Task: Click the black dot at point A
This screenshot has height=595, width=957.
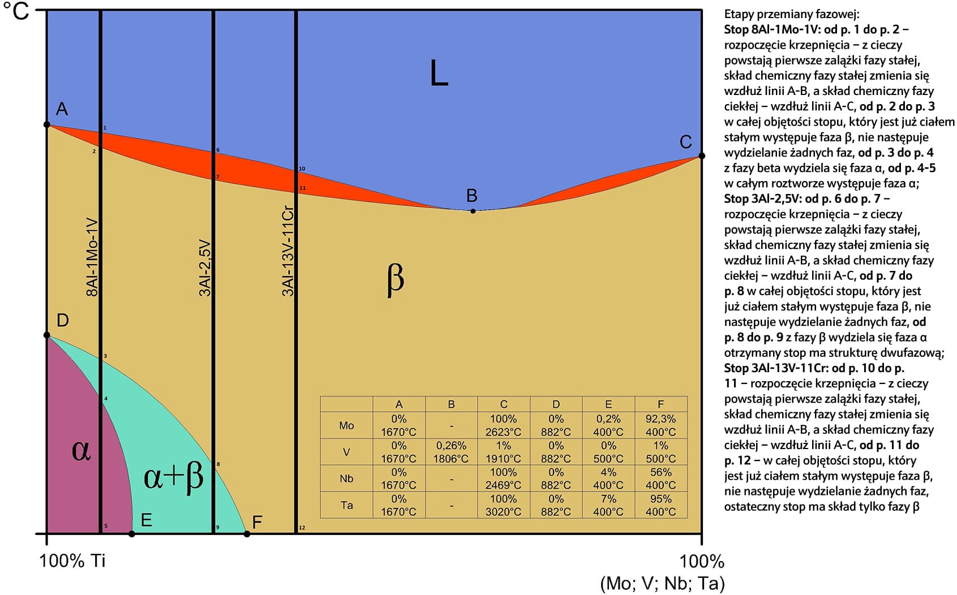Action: (x=47, y=124)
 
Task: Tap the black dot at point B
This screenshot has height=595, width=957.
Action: (x=473, y=211)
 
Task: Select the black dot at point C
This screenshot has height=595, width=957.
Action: (x=702, y=156)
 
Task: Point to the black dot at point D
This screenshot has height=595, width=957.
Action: (x=47, y=335)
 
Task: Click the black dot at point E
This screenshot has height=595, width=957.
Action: (x=132, y=533)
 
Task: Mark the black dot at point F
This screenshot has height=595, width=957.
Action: (x=247, y=533)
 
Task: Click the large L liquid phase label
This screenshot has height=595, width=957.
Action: (x=439, y=74)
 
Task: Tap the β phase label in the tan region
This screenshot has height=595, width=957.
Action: (x=395, y=279)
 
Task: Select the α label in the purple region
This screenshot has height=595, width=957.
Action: (x=81, y=450)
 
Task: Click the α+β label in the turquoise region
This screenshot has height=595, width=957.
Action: (x=173, y=477)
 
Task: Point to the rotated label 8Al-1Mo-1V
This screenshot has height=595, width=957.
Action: (x=92, y=257)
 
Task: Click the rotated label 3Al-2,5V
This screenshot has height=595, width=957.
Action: (x=205, y=268)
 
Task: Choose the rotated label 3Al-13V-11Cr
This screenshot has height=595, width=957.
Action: (x=288, y=252)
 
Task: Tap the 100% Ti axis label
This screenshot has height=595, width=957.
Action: (x=72, y=560)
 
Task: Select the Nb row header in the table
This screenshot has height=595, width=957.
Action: (x=346, y=478)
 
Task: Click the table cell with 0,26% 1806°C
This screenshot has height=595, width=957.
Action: (x=451, y=452)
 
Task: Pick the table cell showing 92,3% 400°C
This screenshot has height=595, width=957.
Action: (x=660, y=425)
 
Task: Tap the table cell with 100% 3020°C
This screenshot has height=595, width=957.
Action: (x=503, y=505)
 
